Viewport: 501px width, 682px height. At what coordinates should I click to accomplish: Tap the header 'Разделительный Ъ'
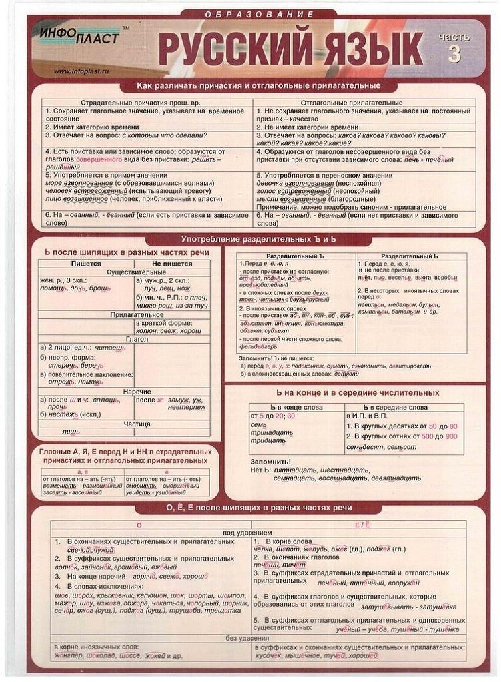click(x=295, y=256)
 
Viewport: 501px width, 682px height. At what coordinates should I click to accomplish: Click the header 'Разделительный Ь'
click(x=409, y=256)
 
